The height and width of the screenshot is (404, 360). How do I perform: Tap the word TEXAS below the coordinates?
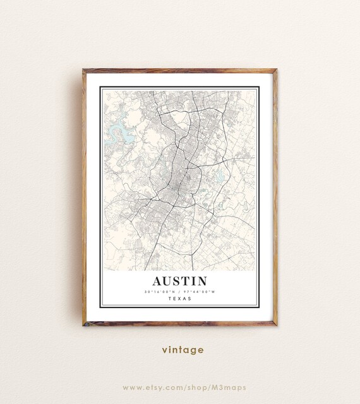pos(179,299)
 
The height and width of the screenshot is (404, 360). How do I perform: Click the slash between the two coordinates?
pos(179,292)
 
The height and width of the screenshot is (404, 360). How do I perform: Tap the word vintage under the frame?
pos(182,349)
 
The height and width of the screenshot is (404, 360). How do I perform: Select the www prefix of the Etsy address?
pos(131,387)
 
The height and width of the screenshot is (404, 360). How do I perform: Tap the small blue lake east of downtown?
pos(219,176)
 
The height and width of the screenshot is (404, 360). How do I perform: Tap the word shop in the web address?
pos(198,387)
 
